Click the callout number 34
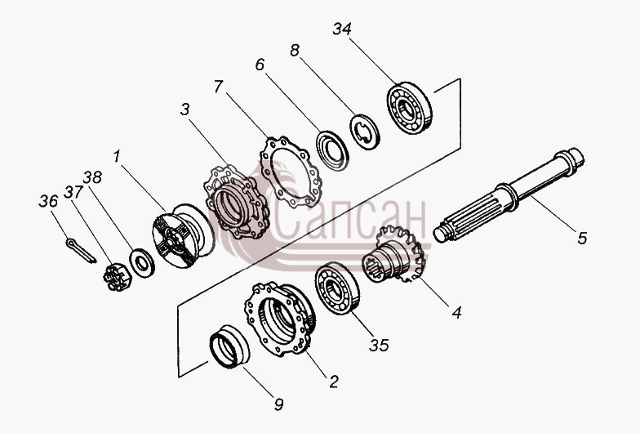pyautogui.click(x=341, y=29)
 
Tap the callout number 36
pyautogui.click(x=48, y=201)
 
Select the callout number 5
pyautogui.click(x=582, y=237)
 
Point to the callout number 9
pyautogui.click(x=278, y=404)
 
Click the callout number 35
pyautogui.click(x=379, y=345)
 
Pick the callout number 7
pyautogui.click(x=219, y=87)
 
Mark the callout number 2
pyautogui.click(x=334, y=382)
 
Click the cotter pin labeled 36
pyautogui.click(x=81, y=251)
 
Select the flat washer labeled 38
pyautogui.click(x=142, y=262)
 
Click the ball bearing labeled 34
pyautogui.click(x=409, y=108)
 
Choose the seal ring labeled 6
pyautogui.click(x=332, y=150)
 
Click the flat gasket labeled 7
pyautogui.click(x=291, y=173)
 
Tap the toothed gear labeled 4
pyautogui.click(x=393, y=254)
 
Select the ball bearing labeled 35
pyautogui.click(x=337, y=289)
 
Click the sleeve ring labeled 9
pyautogui.click(x=229, y=346)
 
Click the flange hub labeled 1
pyautogui.click(x=183, y=235)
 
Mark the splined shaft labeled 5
pyautogui.click(x=509, y=195)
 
